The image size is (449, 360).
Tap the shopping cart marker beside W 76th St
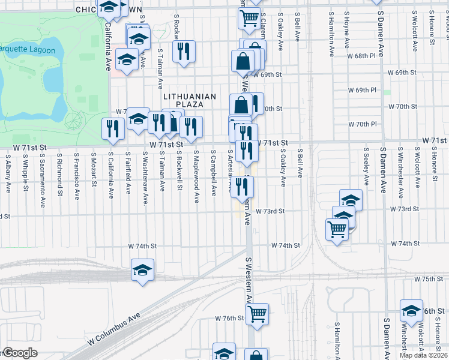coord(257,314)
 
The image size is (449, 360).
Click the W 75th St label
coord(428,280)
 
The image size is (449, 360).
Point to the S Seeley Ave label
coord(366,167)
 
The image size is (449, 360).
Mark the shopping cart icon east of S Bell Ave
coord(337,229)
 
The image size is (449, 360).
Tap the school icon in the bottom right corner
coord(411,311)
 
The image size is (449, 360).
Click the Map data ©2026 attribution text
coord(424,355)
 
